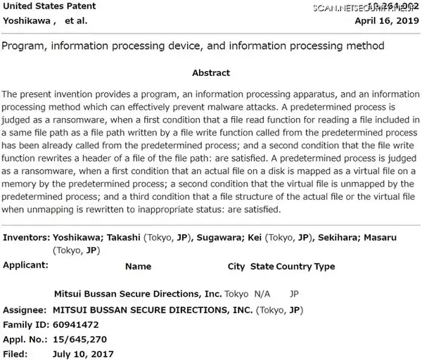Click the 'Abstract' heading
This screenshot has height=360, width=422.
click(x=210, y=73)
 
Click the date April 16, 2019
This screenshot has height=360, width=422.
click(x=387, y=21)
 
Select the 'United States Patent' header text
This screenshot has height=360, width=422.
click(x=49, y=6)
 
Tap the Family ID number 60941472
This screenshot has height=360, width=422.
click(x=77, y=326)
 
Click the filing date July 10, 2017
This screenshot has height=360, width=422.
click(x=83, y=354)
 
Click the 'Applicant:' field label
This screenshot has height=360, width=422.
click(x=26, y=266)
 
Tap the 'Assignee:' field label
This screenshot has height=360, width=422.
click(x=25, y=309)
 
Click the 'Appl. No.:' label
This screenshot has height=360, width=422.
click(x=26, y=340)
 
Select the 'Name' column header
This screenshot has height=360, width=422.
click(x=138, y=266)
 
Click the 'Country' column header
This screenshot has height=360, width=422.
click(x=293, y=266)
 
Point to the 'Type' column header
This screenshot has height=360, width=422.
click(x=325, y=266)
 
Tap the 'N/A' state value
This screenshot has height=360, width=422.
click(x=262, y=293)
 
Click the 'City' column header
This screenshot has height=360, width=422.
click(x=236, y=266)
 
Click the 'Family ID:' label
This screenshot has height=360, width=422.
click(x=26, y=326)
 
